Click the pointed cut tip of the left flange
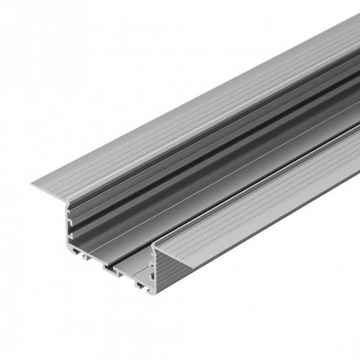32,185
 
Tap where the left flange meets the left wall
70,202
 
